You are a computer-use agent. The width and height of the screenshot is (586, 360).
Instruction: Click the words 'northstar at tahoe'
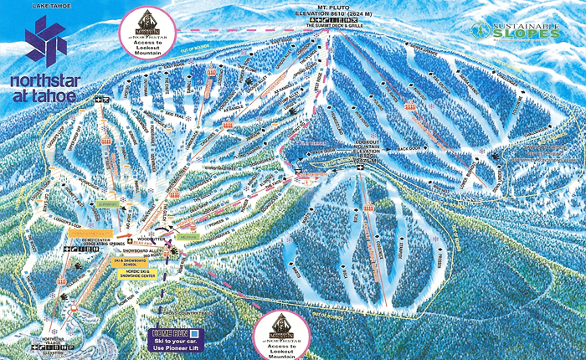coord(43,89)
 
